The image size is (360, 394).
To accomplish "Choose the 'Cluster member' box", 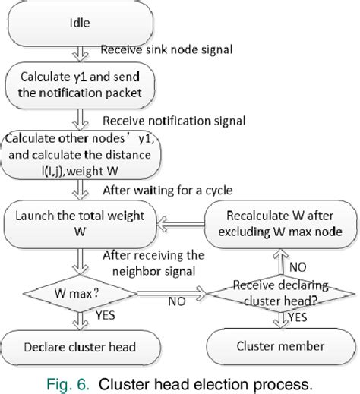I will [277, 347].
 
